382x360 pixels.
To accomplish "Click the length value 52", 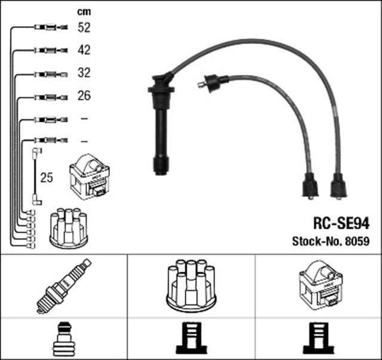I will coord(84,27).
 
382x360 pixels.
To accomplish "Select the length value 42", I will coord(84,50).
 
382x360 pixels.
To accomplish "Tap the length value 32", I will coord(84,73).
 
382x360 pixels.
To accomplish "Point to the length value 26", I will coord(84,96).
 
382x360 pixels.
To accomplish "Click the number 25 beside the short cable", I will coord(46,177).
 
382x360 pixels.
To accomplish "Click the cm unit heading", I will coord(84,11).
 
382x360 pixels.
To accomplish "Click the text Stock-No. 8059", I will coord(331,242).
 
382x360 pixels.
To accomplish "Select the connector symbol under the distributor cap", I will coord(191,339).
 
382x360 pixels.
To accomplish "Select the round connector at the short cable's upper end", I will coord(36,152).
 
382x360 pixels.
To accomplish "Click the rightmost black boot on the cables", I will coord(338,187).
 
